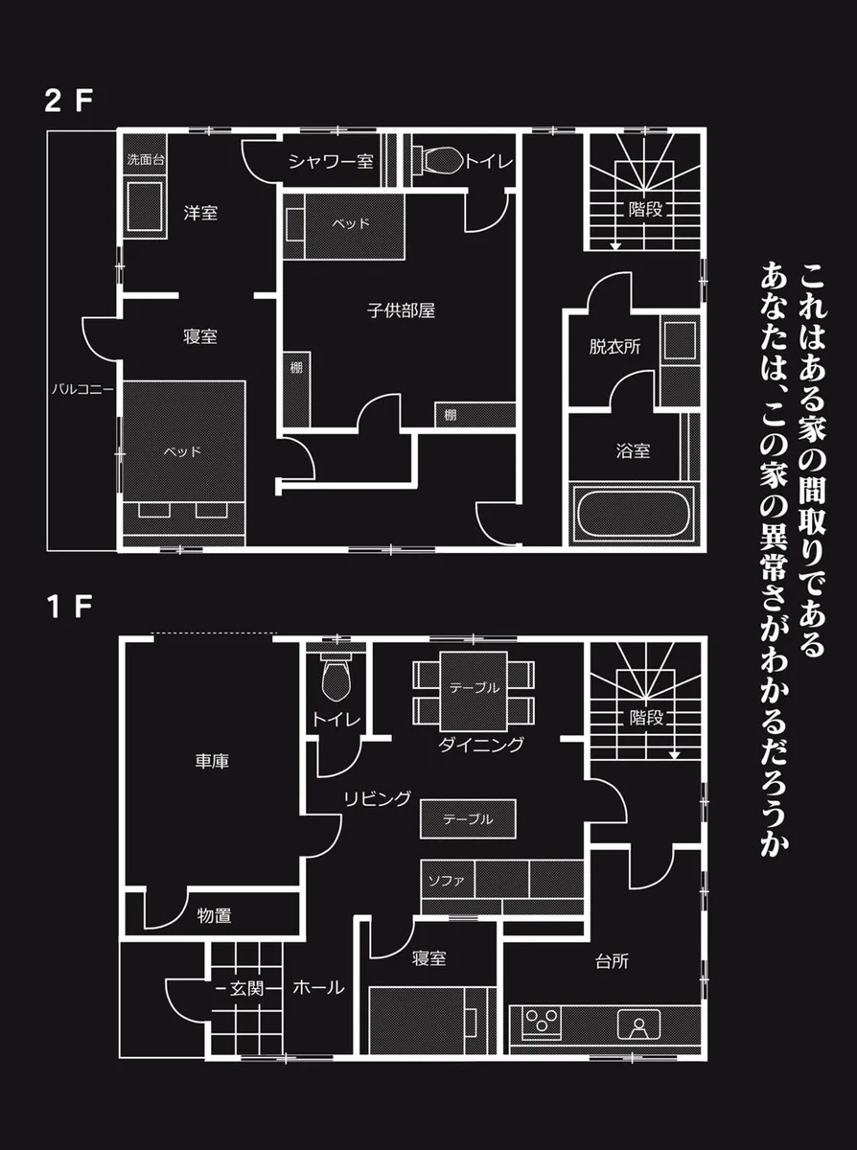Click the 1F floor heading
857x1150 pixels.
tap(66, 607)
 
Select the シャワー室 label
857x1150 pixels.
tap(331, 162)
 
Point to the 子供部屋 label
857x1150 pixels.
tap(402, 311)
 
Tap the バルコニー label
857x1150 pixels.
tap(82, 390)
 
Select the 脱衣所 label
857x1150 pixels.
tap(614, 347)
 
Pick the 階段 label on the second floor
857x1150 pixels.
tap(646, 210)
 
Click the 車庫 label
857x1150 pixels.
tap(212, 762)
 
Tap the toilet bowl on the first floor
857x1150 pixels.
tap(336, 679)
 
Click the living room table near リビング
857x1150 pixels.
tap(468, 819)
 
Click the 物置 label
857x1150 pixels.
tap(214, 916)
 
